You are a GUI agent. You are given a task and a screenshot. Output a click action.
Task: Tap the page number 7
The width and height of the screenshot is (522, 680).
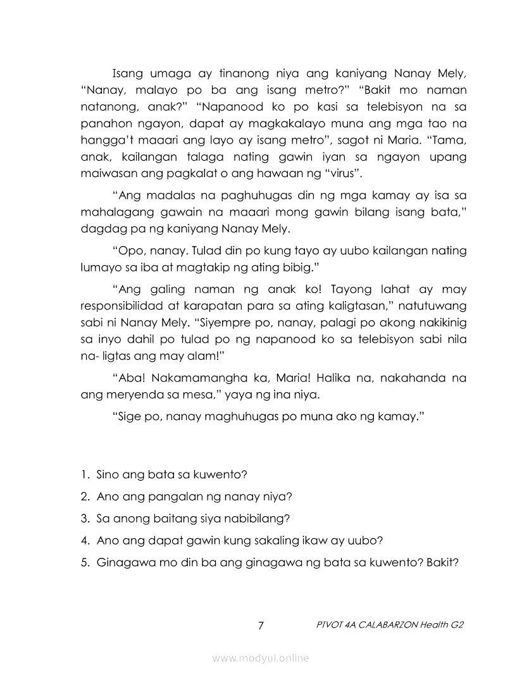(x=261, y=626)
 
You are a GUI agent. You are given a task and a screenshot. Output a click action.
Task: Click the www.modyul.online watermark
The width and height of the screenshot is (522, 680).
(x=261, y=658)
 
